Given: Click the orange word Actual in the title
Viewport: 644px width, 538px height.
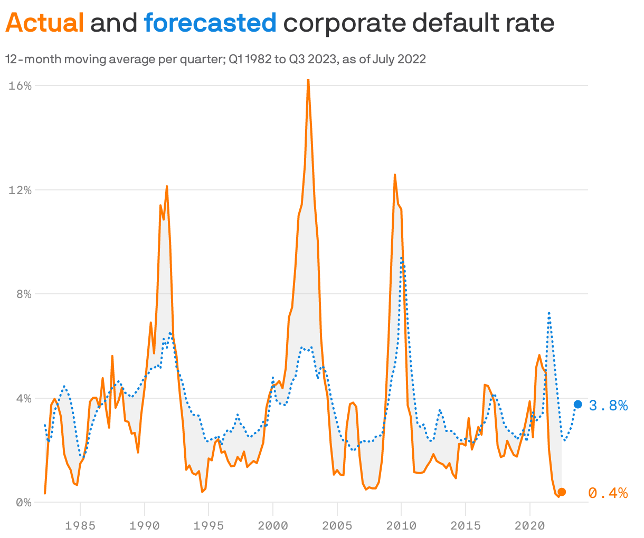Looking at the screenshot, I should (45, 23).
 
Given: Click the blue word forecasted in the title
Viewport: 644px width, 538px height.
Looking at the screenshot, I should (210, 23).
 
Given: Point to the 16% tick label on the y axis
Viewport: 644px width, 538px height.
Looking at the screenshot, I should (20, 85).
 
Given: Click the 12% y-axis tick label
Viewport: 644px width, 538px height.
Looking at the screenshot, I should (20, 190).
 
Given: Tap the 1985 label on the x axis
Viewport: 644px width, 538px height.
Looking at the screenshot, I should (80, 525).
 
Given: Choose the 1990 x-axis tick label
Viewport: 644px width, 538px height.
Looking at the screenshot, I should (144, 525).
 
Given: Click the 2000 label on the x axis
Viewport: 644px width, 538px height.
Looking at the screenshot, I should (273, 525).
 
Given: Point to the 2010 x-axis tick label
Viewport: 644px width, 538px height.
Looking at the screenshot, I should (401, 525).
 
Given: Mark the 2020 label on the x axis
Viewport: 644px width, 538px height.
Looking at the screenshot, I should (529, 525).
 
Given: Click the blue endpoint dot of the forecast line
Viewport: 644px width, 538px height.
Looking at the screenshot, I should (578, 404).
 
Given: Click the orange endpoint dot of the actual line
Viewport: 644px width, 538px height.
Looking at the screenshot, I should (562, 492).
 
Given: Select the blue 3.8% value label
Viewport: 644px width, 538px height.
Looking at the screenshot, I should (608, 405).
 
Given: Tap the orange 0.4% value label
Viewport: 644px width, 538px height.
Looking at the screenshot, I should (608, 493).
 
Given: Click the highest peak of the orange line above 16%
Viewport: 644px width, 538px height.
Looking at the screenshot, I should (308, 81).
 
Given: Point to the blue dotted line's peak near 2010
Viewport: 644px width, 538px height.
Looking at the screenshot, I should (402, 258).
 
